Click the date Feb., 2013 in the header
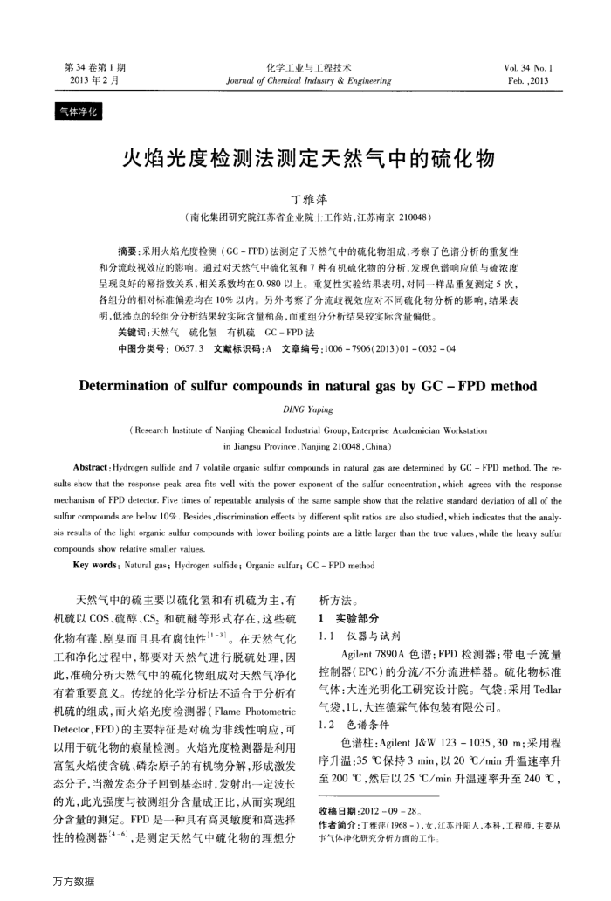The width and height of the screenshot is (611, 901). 525,79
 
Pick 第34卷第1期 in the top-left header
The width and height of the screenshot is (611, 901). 95,67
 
